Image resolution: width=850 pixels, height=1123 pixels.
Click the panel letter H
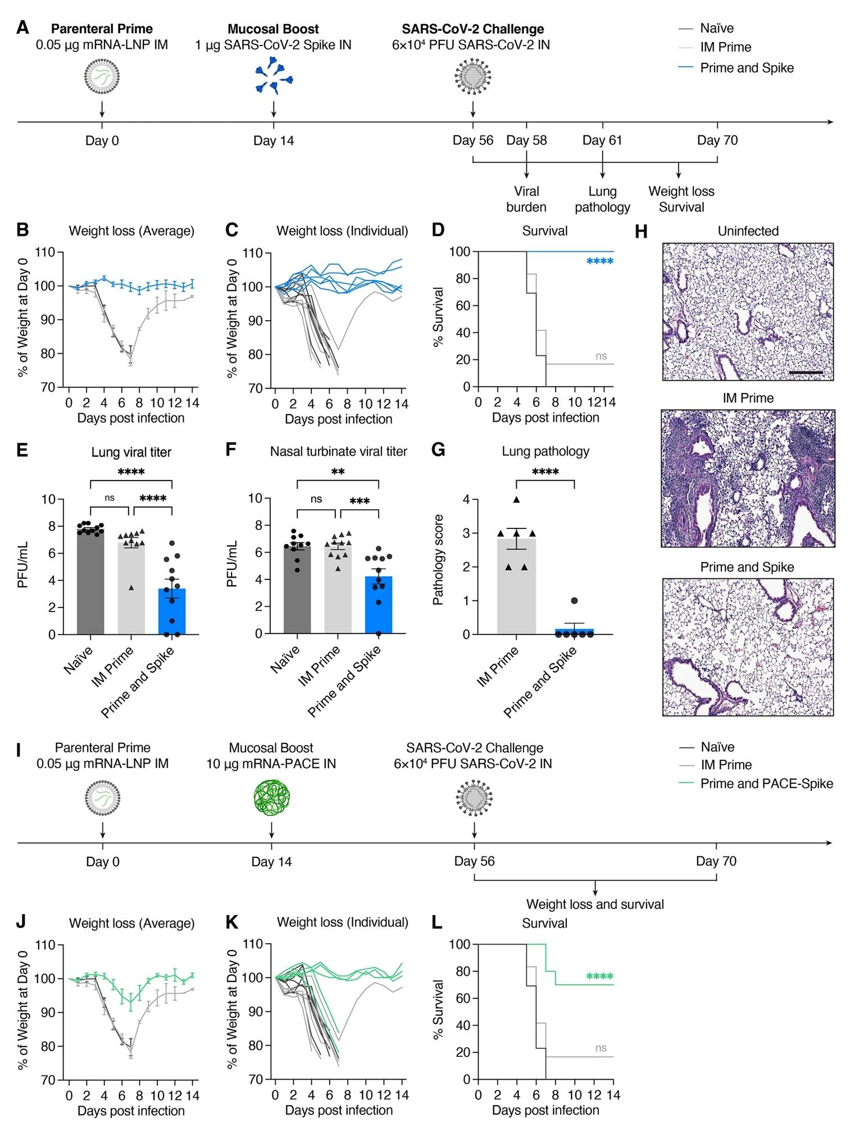pos(642,231)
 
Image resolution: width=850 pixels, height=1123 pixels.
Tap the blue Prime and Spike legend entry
pos(746,68)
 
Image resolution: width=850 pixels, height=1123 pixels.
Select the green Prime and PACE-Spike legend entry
pos(766,783)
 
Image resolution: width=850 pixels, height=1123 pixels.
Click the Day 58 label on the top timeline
pos(526,140)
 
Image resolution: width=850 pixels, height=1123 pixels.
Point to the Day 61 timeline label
pos(602,140)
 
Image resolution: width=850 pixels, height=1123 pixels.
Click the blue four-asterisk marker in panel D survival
pos(599,262)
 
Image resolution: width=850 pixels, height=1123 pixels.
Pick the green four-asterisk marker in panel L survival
pos(599,977)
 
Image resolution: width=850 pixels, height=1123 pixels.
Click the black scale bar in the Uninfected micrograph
pos(806,372)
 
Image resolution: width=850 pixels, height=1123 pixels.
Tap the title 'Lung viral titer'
pos(131,452)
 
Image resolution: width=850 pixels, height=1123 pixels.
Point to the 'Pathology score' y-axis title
pos(439,559)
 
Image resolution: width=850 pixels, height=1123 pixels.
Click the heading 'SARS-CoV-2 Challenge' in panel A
pos(473,29)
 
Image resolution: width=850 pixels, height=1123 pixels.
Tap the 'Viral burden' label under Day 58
pos(526,199)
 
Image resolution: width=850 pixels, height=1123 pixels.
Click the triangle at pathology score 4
pos(516,500)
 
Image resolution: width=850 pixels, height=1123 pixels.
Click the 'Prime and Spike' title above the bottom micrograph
pos(747,567)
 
